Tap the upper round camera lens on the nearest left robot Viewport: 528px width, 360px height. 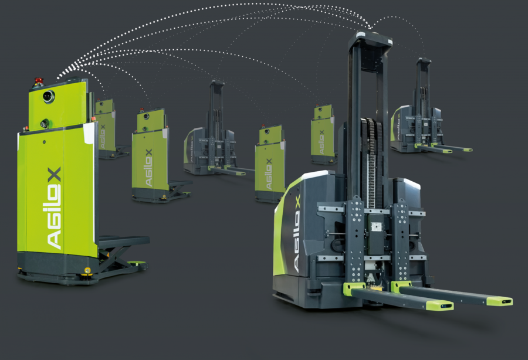coord(49,96)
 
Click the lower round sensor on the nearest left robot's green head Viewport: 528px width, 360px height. coord(45,123)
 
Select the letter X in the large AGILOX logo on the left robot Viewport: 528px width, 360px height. coord(53,174)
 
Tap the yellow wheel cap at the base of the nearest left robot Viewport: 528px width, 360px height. coord(87,270)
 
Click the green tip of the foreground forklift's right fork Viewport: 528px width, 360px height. coord(499,300)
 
